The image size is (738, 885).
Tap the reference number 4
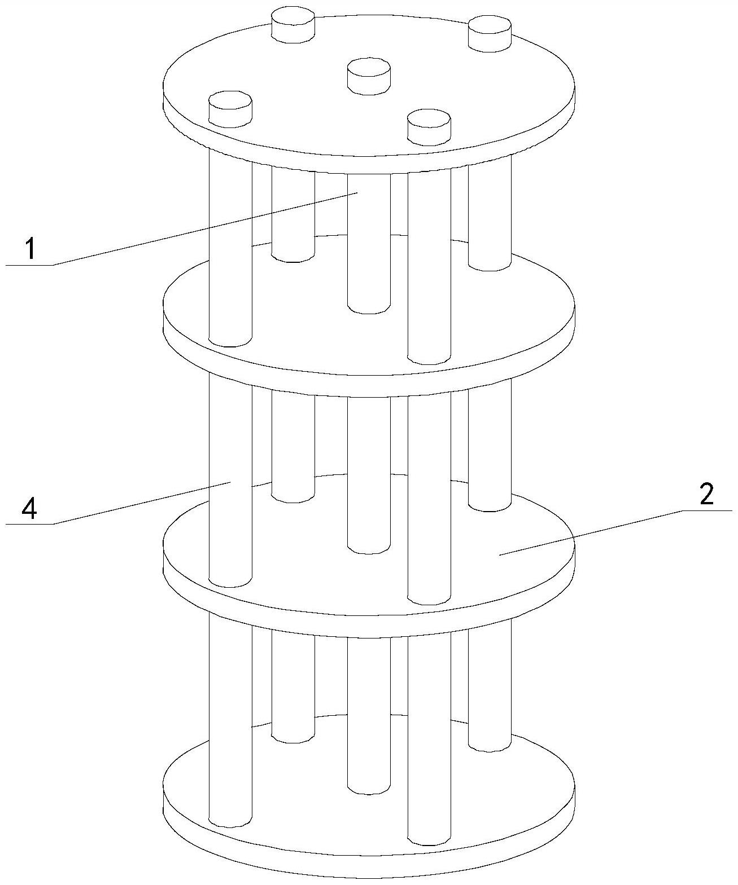(29, 508)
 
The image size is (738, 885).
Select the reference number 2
(706, 494)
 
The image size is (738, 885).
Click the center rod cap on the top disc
(368, 77)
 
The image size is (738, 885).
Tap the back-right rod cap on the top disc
(490, 33)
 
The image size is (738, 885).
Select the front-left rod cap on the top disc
(230, 108)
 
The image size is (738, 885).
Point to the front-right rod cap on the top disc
(429, 127)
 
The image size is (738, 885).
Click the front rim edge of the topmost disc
(369, 163)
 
